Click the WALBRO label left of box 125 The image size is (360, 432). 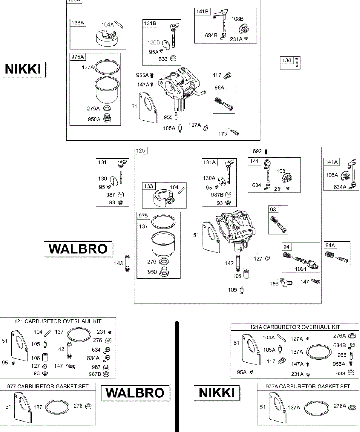click(78, 249)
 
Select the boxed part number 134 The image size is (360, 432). click(287, 60)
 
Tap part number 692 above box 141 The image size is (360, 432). click(257, 152)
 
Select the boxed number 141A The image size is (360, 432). click(331, 162)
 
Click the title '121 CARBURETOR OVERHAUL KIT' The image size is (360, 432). click(58, 321)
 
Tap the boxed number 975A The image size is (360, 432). click(77, 57)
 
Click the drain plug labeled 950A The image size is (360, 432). click(107, 118)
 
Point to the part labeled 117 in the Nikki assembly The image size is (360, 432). click(228, 75)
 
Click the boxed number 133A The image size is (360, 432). click(77, 23)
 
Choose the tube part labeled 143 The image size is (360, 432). click(127, 263)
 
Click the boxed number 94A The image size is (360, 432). click(330, 245)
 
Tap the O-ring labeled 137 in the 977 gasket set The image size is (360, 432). click(58, 407)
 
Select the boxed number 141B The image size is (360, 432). click(202, 12)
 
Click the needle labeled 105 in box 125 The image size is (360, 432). click(242, 289)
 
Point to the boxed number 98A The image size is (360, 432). click(220, 88)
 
